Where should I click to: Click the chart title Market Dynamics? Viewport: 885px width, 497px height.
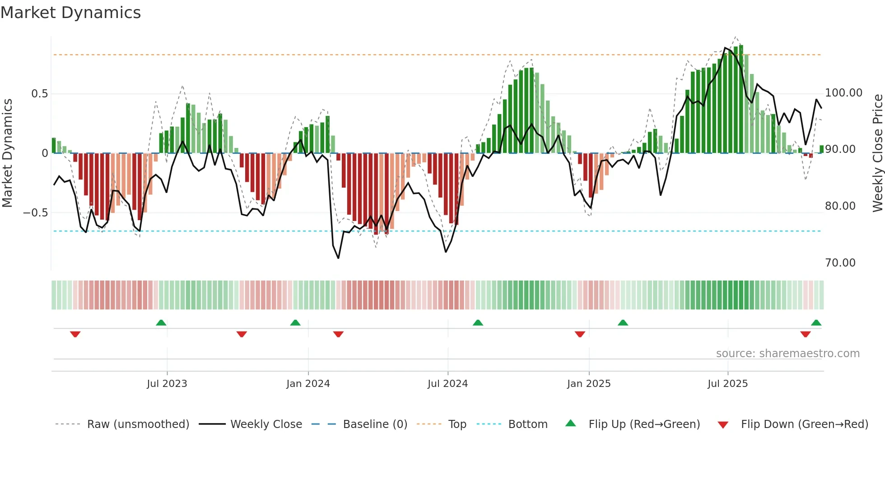(x=70, y=13)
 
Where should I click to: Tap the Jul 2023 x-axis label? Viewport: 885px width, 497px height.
(x=167, y=384)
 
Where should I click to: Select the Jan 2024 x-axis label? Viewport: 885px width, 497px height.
(x=308, y=384)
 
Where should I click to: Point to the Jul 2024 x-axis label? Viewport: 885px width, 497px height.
(x=447, y=384)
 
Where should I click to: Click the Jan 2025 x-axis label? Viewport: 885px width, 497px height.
(x=589, y=384)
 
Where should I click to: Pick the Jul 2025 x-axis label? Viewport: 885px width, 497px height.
(x=727, y=384)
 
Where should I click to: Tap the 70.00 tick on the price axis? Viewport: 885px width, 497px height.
(x=840, y=263)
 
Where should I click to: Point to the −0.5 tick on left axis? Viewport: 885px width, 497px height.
(x=35, y=213)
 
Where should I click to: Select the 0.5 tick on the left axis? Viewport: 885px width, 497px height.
(x=39, y=94)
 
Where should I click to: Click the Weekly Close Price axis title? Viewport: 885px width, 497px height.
(x=877, y=153)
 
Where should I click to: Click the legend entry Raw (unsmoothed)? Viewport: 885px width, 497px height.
(x=138, y=424)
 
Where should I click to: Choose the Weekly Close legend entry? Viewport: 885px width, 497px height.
(x=266, y=424)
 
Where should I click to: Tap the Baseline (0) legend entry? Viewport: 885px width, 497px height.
(x=375, y=424)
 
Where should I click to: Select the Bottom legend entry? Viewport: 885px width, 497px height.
(x=527, y=424)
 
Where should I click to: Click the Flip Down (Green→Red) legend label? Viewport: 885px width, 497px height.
(x=804, y=424)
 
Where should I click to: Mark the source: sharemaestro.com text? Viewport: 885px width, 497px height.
(x=787, y=354)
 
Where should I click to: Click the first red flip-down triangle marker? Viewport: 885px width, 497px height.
(x=75, y=334)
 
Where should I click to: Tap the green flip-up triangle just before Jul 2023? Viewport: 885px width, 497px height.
(x=161, y=322)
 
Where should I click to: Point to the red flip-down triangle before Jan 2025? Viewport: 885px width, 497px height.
(x=580, y=334)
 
